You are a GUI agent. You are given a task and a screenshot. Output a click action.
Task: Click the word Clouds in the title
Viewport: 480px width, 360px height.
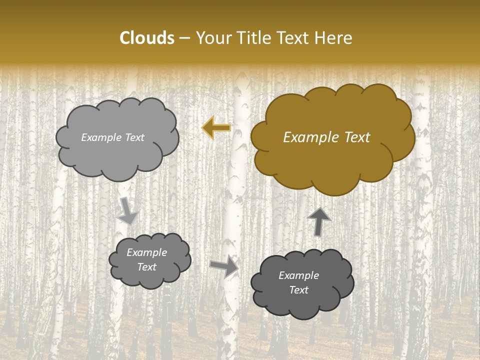click(x=147, y=38)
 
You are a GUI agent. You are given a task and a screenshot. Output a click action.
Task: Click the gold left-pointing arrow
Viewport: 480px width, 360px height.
click(x=216, y=128)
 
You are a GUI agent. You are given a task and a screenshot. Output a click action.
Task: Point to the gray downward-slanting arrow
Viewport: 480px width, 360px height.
click(x=127, y=210)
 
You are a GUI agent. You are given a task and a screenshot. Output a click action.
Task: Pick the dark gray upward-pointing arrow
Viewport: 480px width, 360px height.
click(x=319, y=220)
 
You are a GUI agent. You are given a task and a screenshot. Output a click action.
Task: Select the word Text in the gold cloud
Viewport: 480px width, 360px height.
click(x=356, y=137)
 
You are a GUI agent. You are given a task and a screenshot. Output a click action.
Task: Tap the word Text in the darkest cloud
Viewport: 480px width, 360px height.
click(x=298, y=290)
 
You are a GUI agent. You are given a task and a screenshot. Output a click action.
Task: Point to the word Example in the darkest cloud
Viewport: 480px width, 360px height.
click(x=298, y=275)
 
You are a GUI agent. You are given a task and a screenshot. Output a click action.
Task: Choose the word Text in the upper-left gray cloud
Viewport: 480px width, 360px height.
click(x=134, y=137)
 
